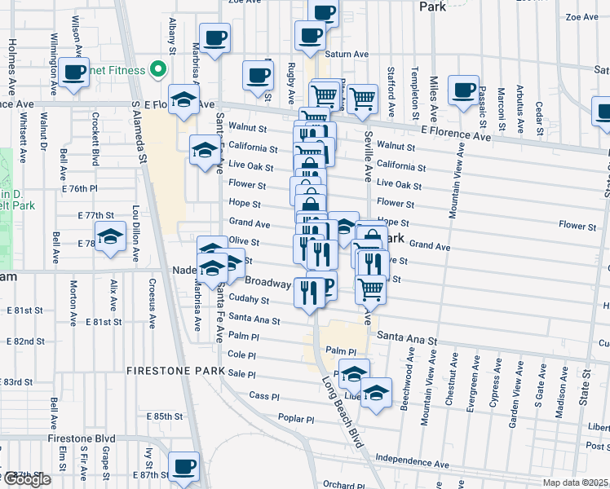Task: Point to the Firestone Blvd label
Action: click(x=82, y=438)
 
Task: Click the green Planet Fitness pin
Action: click(x=161, y=70)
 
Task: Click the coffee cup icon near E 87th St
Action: click(x=183, y=467)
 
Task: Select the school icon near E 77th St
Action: click(x=110, y=239)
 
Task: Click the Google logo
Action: click(x=26, y=479)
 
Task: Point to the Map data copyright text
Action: click(x=576, y=482)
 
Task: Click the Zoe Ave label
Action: click(x=582, y=16)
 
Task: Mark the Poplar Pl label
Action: click(x=295, y=420)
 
